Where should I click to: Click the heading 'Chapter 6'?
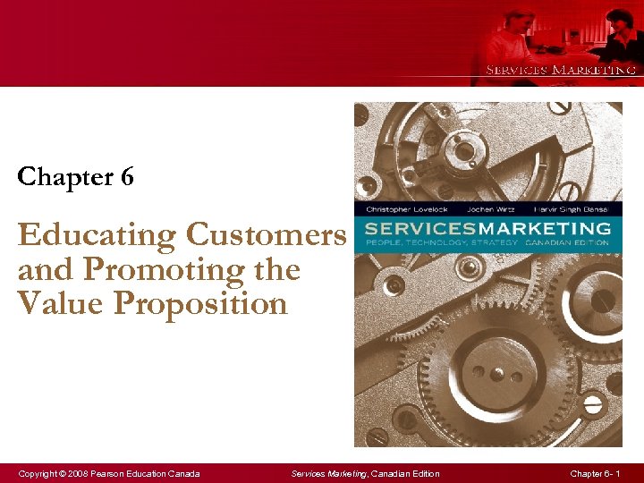click(x=76, y=177)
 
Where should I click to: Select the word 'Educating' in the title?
click(x=97, y=235)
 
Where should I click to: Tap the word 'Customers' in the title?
click(x=266, y=235)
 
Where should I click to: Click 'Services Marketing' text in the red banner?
click(x=561, y=70)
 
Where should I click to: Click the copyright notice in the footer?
click(x=108, y=473)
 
